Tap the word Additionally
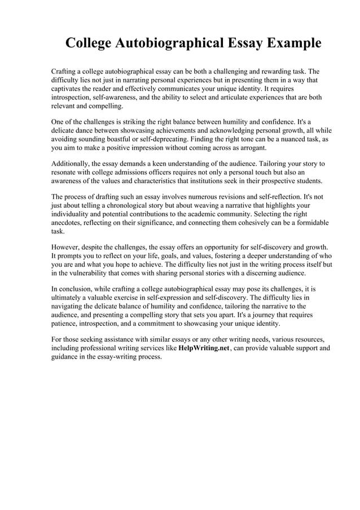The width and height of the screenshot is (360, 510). (x=74, y=164)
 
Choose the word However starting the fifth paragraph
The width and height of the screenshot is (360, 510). (x=67, y=247)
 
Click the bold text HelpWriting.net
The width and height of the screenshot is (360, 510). (x=204, y=348)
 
